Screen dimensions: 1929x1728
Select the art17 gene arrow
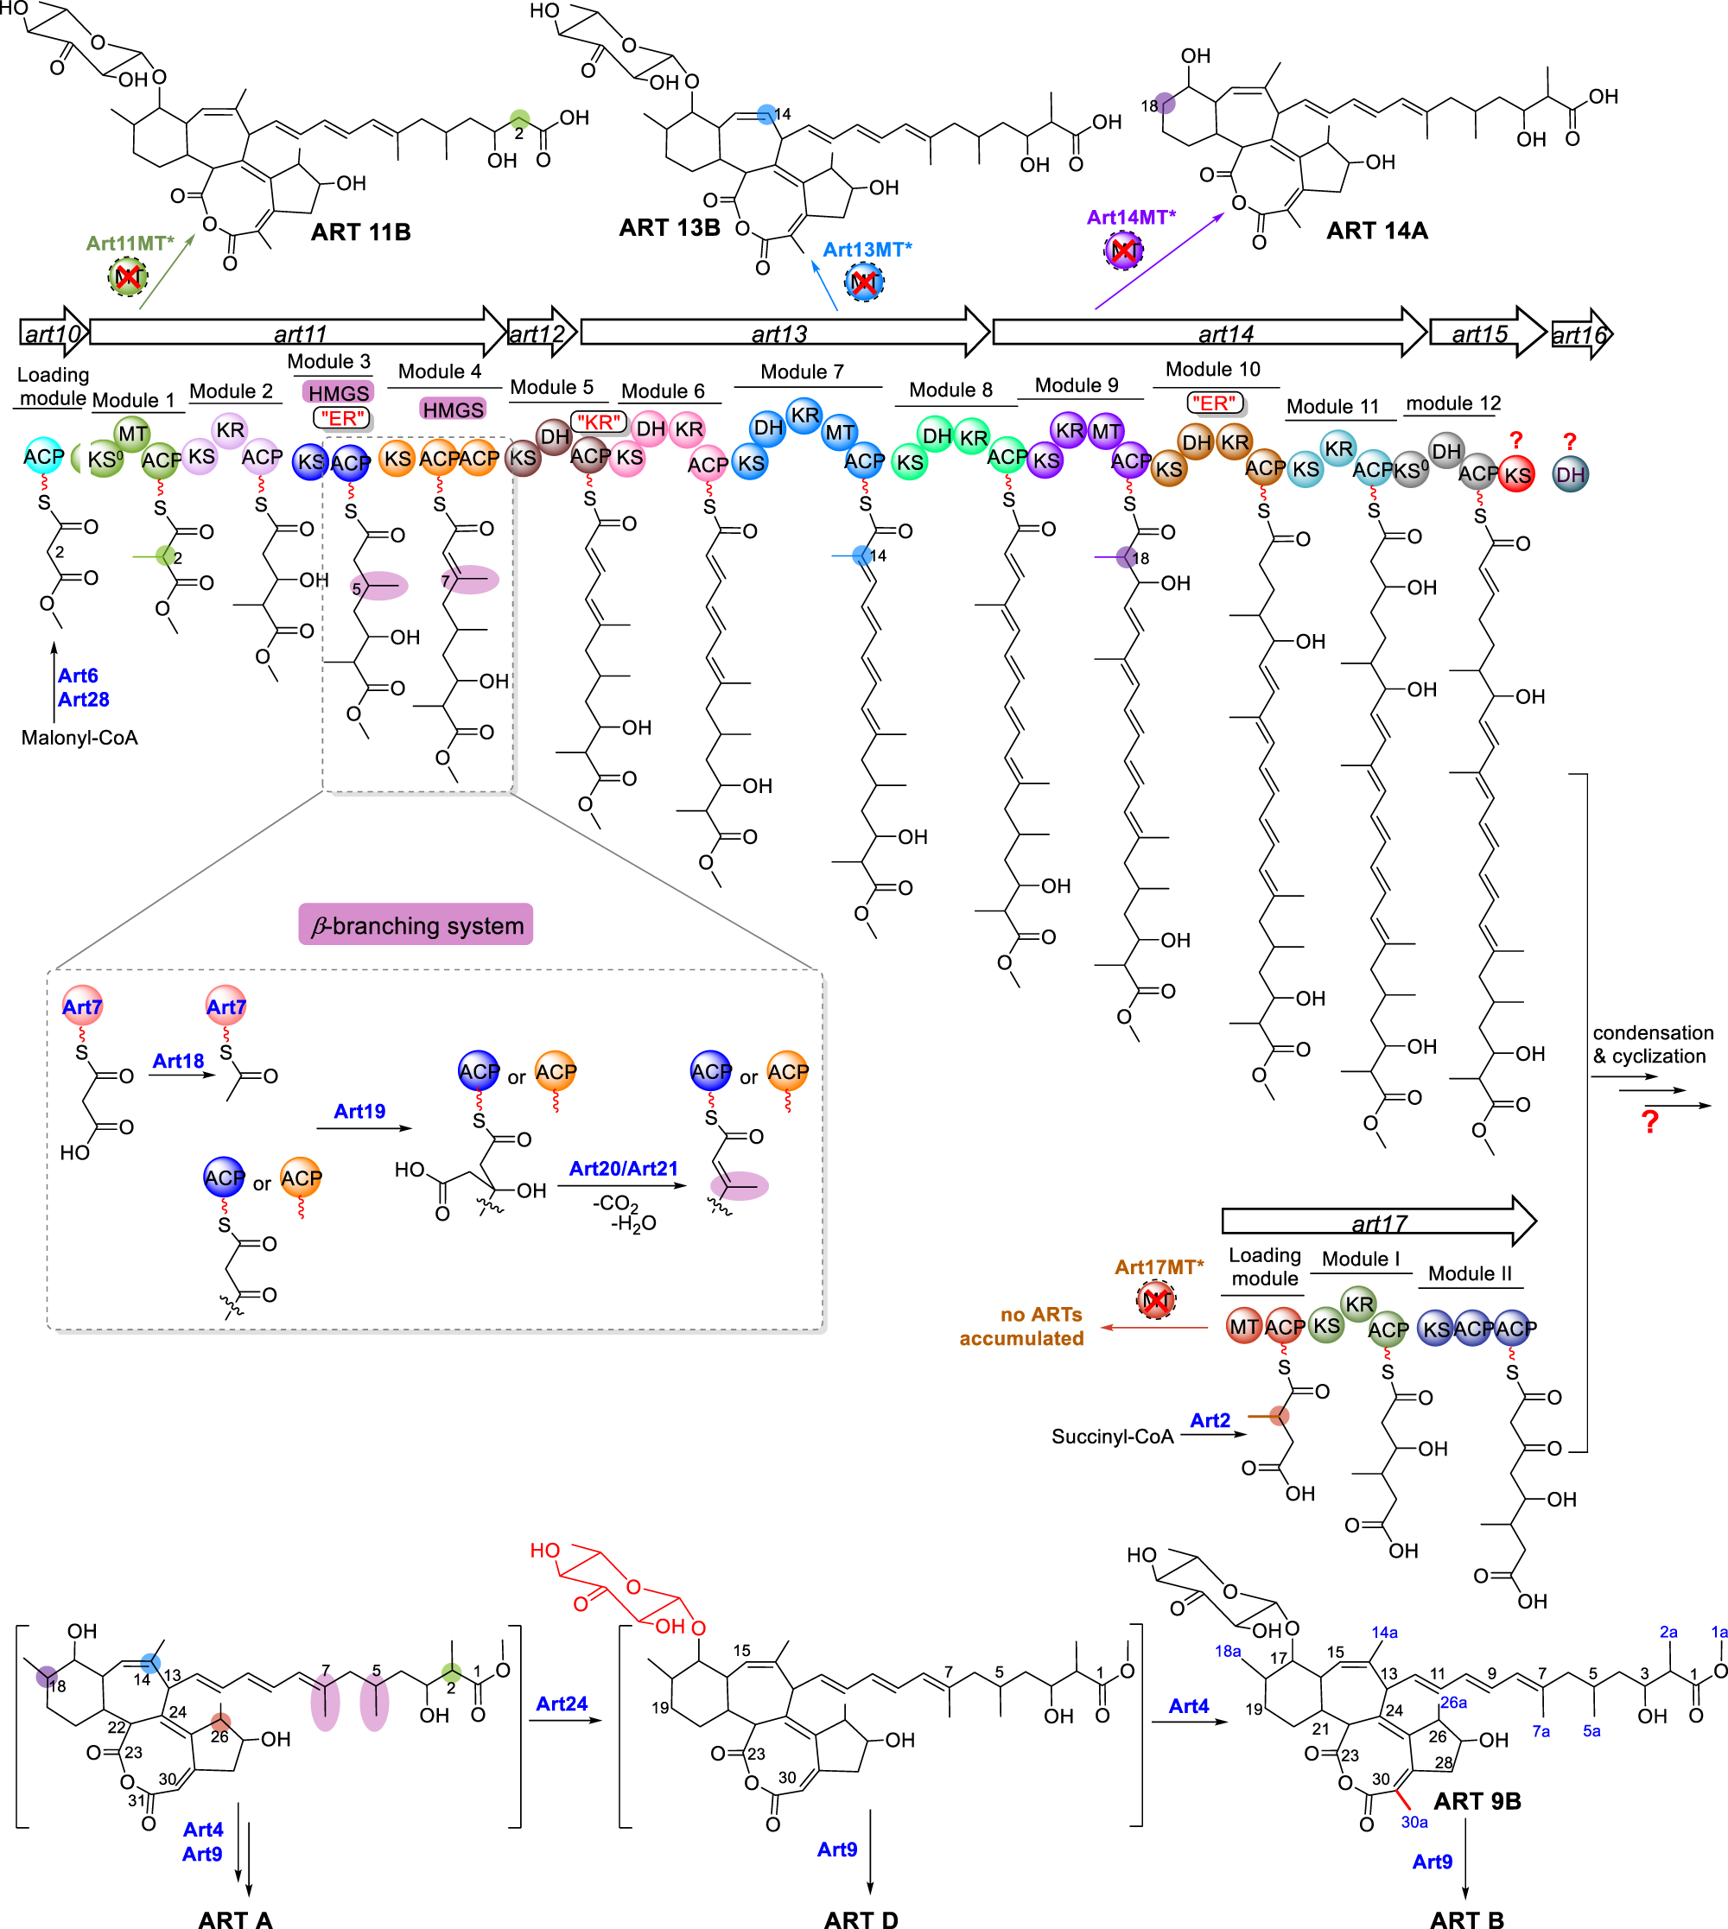1376,1221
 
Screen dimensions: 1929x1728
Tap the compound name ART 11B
361,232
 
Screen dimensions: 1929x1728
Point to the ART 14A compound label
1376,231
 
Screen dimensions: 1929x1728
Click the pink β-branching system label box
416,924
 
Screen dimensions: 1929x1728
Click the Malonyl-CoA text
79,738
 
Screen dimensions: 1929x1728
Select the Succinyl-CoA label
1112,1437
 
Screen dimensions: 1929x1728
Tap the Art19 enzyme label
359,1111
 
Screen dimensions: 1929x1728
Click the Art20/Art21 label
623,1169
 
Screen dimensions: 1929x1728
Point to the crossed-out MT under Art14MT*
1124,251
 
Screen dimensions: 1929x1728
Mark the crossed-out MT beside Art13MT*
864,282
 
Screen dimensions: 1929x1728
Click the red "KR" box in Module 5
598,422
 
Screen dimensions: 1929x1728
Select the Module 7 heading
803,372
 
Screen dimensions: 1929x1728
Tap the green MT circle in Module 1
132,434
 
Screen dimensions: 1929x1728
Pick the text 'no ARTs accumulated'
1021,1326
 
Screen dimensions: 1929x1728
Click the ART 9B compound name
1477,1801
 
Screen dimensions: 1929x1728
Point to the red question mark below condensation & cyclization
1650,1122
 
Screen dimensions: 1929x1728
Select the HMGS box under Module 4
453,409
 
